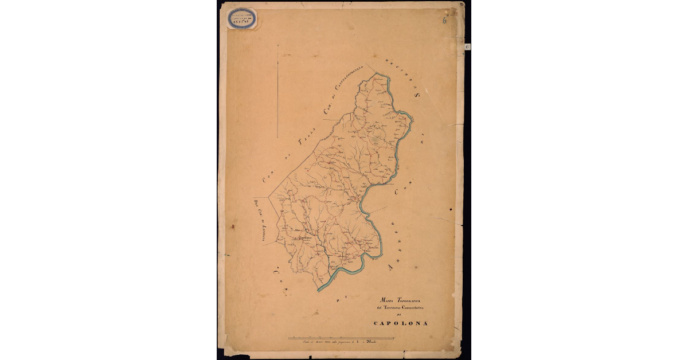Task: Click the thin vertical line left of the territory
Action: pyautogui.click(x=277, y=92)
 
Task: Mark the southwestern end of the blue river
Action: pyautogui.click(x=319, y=289)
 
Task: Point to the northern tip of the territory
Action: pyautogui.click(x=375, y=73)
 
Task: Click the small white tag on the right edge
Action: pyautogui.click(x=467, y=46)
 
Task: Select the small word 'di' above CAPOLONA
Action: pyautogui.click(x=400, y=316)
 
